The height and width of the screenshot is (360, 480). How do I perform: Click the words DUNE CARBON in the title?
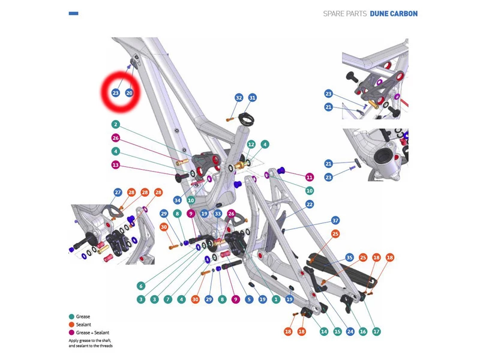(x=394, y=14)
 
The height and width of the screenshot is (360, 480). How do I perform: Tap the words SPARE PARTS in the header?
(x=344, y=14)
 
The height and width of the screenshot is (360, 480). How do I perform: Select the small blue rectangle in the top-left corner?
(x=74, y=13)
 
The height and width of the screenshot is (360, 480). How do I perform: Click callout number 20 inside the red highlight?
(x=129, y=93)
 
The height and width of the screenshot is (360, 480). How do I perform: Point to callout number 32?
(x=239, y=97)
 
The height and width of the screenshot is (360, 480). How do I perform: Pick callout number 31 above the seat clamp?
(x=252, y=97)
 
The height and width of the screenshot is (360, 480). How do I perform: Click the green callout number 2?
(x=116, y=124)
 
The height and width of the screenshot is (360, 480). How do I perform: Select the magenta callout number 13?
(x=116, y=165)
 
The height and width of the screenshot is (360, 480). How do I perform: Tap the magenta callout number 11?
(x=310, y=177)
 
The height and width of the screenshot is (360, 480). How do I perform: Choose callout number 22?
(x=310, y=204)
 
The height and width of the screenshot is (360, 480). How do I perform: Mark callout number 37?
(x=335, y=220)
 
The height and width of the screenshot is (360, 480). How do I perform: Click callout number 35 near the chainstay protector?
(x=349, y=257)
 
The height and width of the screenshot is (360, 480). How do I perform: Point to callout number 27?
(x=118, y=192)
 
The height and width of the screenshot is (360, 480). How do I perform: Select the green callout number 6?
(x=141, y=286)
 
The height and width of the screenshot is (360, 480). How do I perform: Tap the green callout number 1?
(x=276, y=299)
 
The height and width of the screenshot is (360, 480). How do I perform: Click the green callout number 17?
(x=376, y=331)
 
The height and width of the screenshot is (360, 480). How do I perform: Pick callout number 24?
(x=350, y=331)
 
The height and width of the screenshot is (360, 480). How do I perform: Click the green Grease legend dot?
(x=72, y=316)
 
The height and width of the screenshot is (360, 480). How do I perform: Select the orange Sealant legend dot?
(x=72, y=325)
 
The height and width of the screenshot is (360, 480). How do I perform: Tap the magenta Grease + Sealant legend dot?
(x=72, y=332)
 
